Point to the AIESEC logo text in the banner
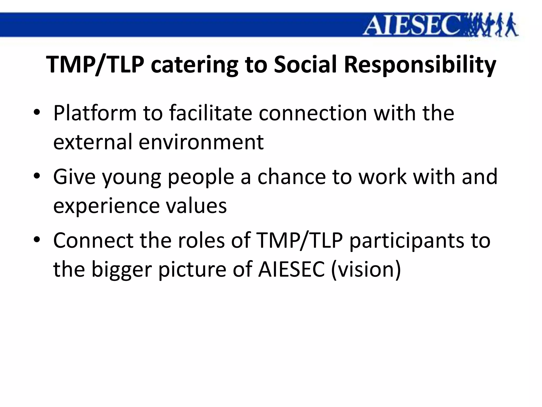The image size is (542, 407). (412, 25)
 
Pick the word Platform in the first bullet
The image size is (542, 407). (95, 113)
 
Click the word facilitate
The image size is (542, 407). (210, 113)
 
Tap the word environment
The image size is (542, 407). (201, 142)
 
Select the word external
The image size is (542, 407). (93, 142)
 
